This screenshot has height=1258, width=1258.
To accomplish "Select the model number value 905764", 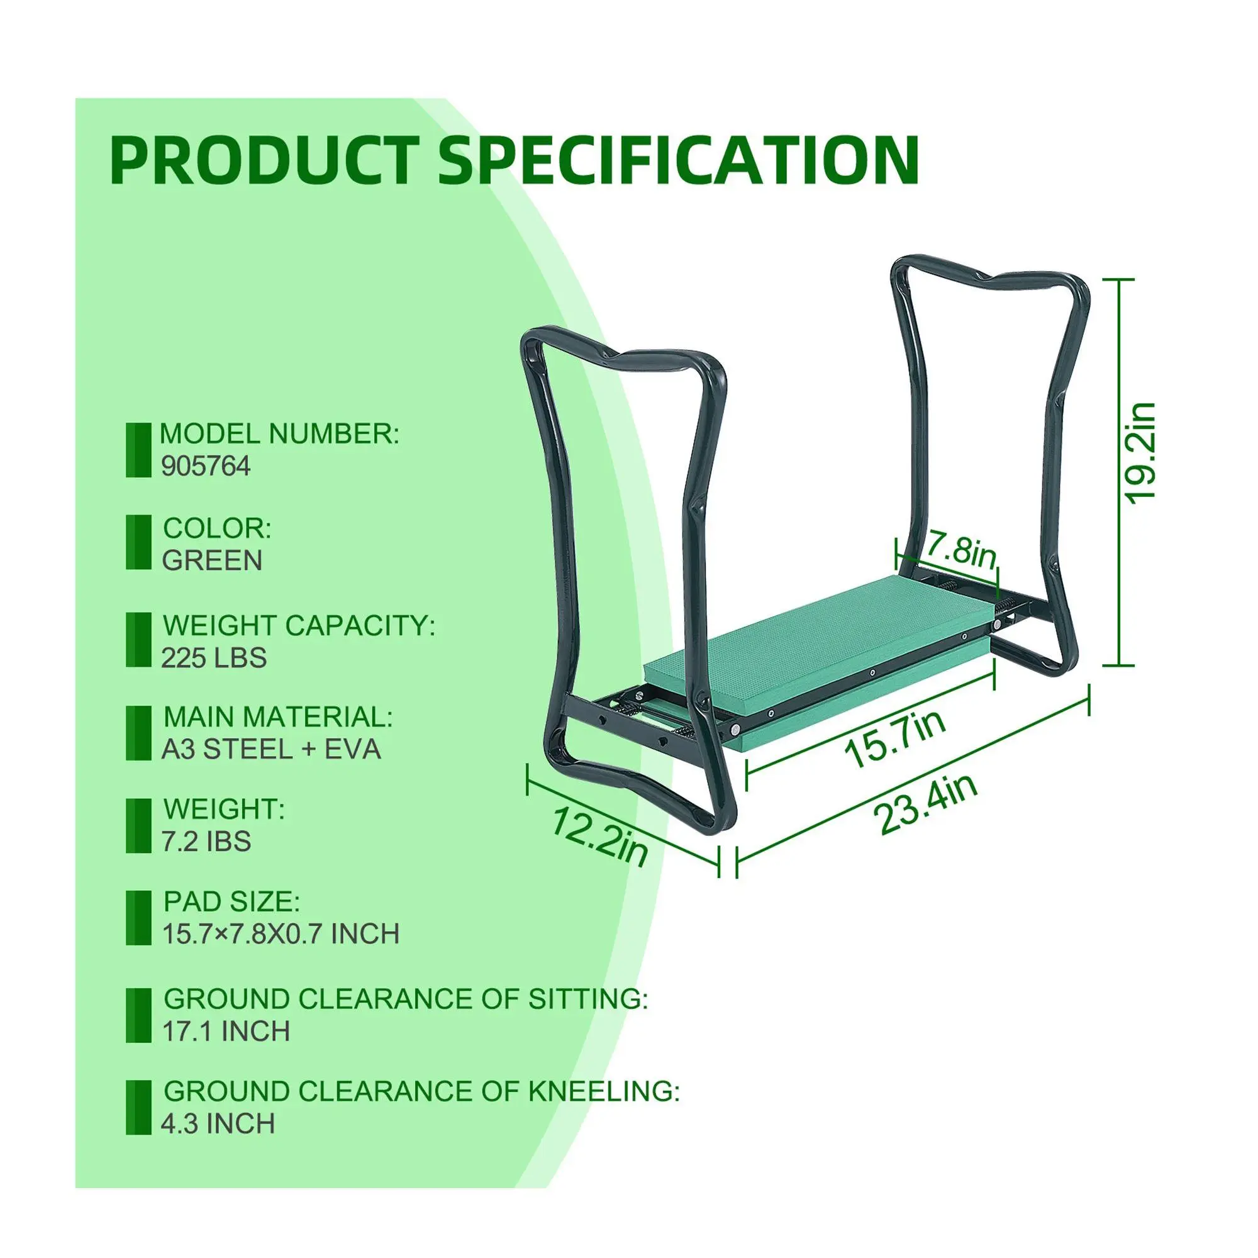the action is (x=206, y=466).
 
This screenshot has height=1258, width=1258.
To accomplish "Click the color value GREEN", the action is (x=212, y=560).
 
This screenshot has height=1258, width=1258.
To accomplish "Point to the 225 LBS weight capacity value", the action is (x=214, y=658).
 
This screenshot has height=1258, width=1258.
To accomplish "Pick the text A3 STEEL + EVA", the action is (x=271, y=750).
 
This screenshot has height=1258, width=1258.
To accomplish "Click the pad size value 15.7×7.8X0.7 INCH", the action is (x=281, y=933).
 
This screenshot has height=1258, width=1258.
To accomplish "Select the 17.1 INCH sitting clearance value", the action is (x=226, y=1032).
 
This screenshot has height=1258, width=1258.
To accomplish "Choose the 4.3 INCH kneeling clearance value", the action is (x=218, y=1124).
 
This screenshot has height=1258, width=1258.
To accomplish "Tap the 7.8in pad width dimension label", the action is (x=960, y=552).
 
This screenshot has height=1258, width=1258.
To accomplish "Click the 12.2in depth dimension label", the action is (x=599, y=837).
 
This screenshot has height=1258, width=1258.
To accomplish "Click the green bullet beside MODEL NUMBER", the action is (x=138, y=450).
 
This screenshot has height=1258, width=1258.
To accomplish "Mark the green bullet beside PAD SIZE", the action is (x=138, y=918).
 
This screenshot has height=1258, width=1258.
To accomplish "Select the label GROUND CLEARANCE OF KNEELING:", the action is (x=421, y=1091).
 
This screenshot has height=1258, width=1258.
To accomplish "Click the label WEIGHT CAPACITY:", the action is (x=299, y=625).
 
